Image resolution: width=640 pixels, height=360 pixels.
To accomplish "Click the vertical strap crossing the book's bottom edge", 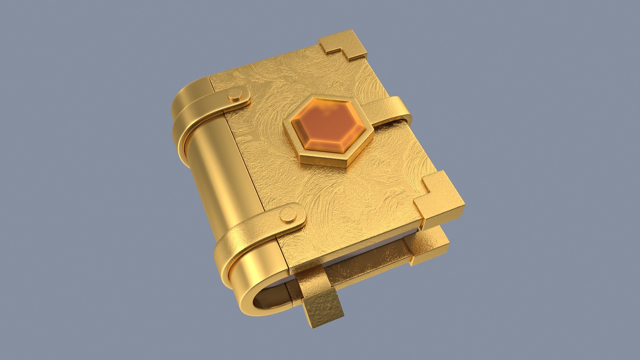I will [313, 280].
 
